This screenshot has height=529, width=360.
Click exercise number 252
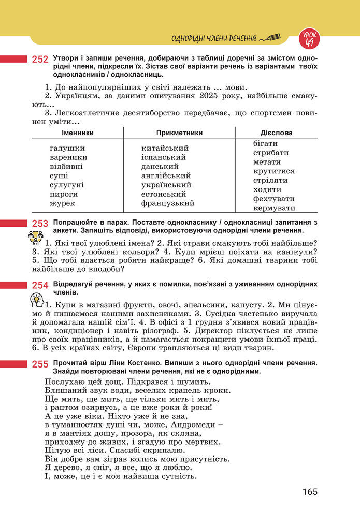tap(40, 60)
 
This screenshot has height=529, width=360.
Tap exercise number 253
tap(40, 224)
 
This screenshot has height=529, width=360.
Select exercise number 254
tap(40, 285)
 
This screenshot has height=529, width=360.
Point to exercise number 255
tap(40, 364)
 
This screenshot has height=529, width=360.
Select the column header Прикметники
tap(179, 133)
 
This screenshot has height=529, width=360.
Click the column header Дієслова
tap(276, 133)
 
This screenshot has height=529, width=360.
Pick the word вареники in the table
tap(68, 157)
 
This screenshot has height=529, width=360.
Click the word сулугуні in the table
tap(67, 185)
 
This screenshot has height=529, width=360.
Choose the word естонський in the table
tap(164, 194)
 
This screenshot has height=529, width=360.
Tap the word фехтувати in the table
tap(273, 199)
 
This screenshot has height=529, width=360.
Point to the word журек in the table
tap(62, 203)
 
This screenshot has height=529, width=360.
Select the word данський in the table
tap(160, 167)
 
